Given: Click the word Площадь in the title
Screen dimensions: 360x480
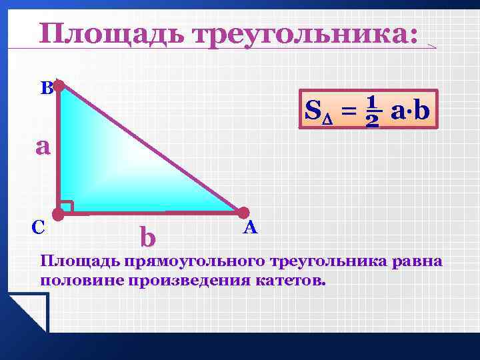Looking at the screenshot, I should [111, 35].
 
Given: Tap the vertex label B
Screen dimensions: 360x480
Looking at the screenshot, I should [45, 88].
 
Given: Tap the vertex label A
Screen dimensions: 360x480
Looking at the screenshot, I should [250, 228].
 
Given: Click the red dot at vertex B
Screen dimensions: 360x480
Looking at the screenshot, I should [59, 86].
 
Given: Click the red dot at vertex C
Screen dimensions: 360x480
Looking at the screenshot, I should [59, 214].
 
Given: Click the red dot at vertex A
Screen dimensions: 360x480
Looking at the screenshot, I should [243, 213].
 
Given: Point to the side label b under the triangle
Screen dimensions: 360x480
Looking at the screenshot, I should [147, 236].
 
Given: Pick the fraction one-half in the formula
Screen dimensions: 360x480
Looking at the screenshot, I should [372, 111].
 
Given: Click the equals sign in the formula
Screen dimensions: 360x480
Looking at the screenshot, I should [347, 111].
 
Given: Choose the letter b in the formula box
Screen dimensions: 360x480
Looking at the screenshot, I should [421, 109].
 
